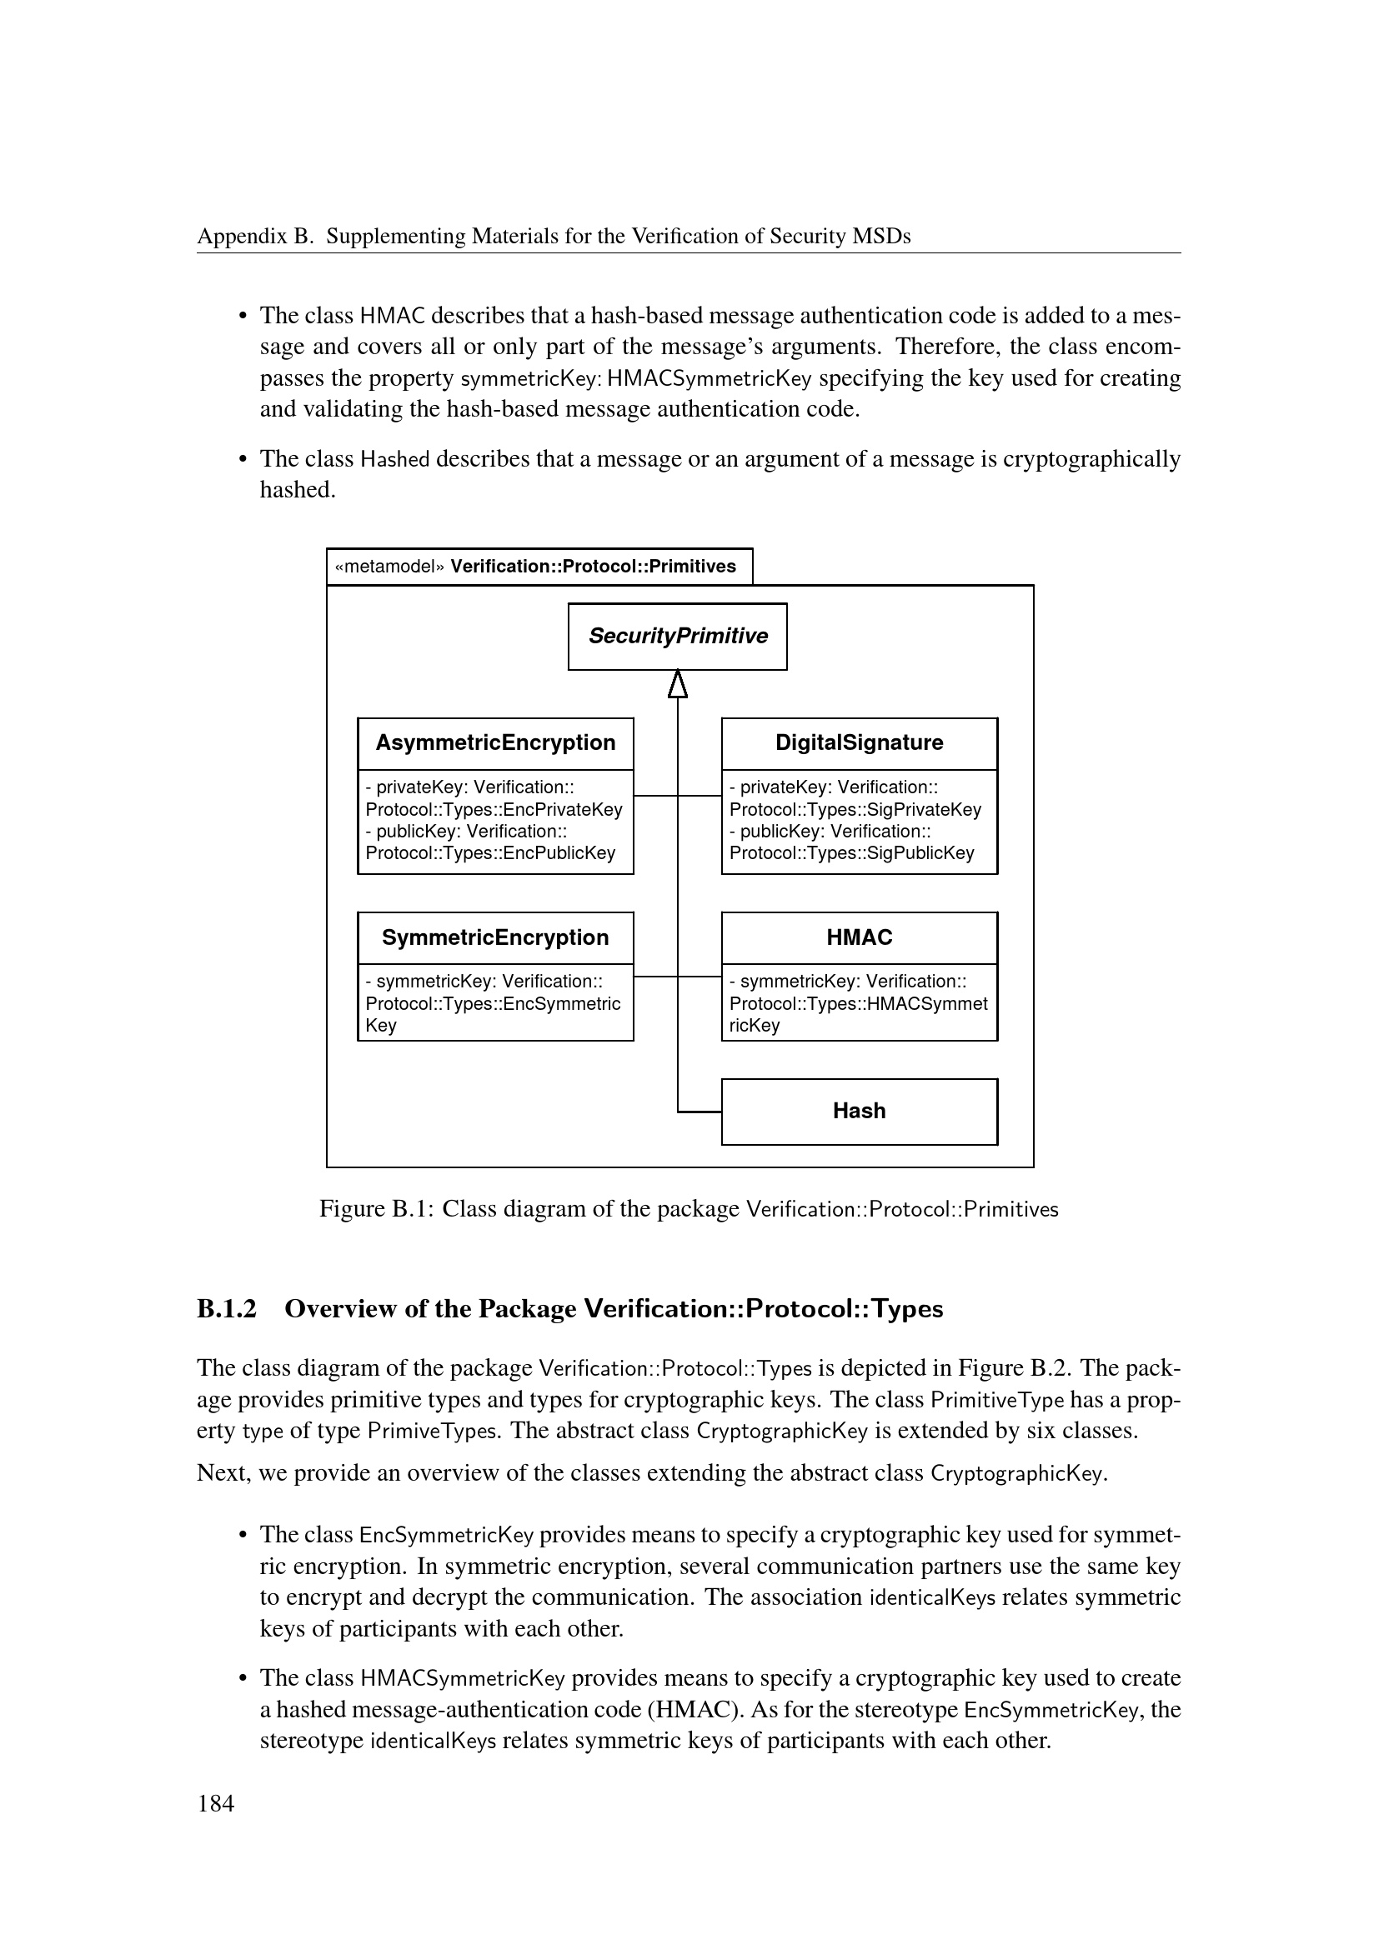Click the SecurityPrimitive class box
677,637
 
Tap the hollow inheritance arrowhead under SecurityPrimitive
677,684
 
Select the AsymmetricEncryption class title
495,742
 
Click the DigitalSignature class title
859,742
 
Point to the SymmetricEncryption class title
495,937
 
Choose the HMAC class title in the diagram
859,937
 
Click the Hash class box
859,1112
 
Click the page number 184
216,1803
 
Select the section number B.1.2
227,1308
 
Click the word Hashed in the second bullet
395,459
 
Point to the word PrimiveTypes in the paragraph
431,1431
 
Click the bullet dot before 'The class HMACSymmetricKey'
242,1678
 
